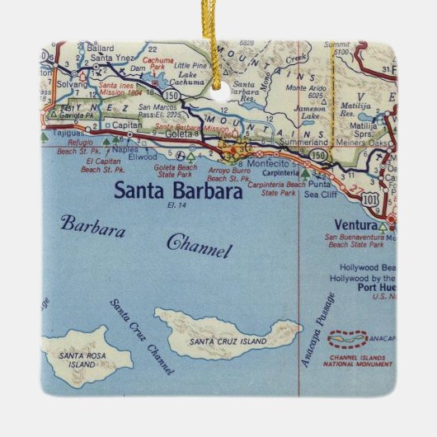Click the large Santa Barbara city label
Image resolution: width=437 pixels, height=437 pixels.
click(178, 190)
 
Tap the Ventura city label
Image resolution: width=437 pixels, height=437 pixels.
click(355, 224)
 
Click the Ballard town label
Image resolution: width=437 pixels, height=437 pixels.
click(100, 48)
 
